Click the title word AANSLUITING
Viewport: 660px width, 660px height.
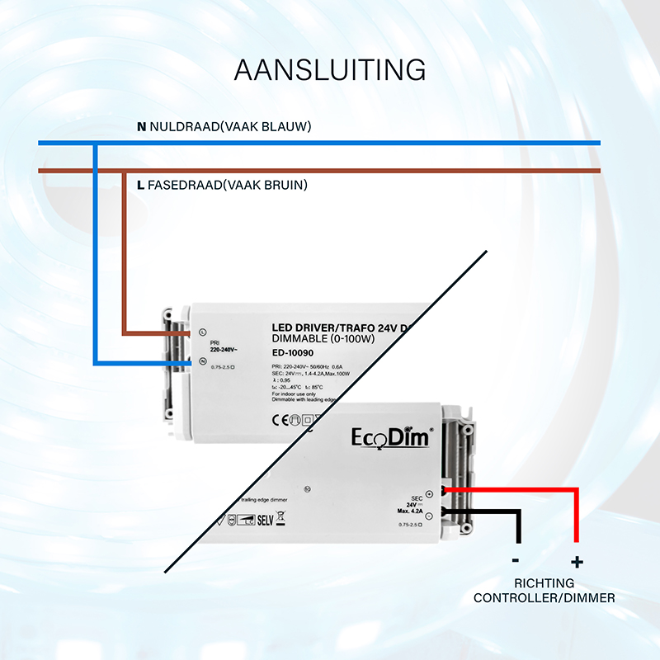click(x=330, y=69)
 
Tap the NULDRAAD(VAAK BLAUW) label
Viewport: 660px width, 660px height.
click(x=230, y=127)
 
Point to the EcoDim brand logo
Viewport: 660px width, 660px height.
click(x=391, y=436)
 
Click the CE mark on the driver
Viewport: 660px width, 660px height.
click(x=280, y=417)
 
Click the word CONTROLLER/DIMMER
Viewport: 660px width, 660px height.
click(x=544, y=597)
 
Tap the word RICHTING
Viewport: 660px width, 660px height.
click(x=544, y=582)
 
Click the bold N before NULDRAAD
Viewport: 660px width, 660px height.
click(x=141, y=127)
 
